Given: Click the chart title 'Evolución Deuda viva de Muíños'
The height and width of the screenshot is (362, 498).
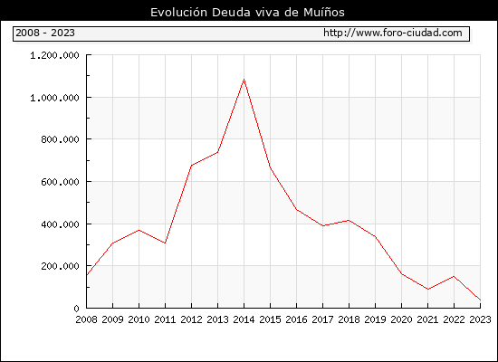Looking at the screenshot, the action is pos(247,13).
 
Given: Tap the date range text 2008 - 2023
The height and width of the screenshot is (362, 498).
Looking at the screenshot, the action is pos(45,33).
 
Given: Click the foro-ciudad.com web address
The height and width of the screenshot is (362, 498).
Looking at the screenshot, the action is pos(393,33).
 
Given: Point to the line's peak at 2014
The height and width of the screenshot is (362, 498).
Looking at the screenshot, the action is pos(244,79).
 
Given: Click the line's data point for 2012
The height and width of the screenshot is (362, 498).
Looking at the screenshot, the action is pos(192,166).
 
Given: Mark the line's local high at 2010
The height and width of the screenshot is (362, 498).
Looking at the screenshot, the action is pos(139,230).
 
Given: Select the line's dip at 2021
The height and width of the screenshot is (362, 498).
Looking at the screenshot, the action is pos(427,290).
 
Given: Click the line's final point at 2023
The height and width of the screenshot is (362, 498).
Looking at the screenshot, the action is pos(480,300).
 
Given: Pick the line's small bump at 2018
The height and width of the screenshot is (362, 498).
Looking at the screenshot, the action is pos(349,220).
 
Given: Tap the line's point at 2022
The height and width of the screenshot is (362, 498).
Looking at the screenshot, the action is pos(454,276).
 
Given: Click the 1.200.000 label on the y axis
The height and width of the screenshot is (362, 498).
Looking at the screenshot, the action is pos(54,55).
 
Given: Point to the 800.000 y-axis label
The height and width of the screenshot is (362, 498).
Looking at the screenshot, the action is pos(60,139).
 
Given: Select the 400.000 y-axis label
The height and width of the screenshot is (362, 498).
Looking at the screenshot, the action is pos(60,224).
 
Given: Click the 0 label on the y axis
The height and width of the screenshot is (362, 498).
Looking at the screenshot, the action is pos(76,309).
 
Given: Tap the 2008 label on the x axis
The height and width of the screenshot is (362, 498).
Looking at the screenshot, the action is pos(86,319).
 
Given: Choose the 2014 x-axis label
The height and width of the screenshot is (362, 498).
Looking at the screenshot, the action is pos(244,319).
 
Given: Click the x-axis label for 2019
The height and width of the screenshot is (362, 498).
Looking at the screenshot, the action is pos(375,319).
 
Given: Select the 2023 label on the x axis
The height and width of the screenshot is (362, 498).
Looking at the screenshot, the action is pos(480,319).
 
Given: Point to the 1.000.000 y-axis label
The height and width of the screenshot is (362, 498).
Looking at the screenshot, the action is pos(54,98).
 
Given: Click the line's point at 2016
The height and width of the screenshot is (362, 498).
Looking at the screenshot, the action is pos(297,210).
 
